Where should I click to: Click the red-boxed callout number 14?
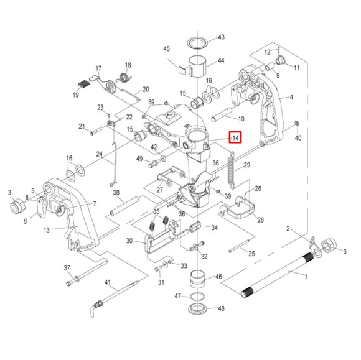[x=235, y=137]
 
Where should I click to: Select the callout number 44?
[x=220, y=62]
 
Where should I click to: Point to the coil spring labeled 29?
[x=232, y=170]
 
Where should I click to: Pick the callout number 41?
[x=107, y=284]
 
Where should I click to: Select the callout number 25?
[x=251, y=254]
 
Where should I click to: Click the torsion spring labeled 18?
[x=123, y=78]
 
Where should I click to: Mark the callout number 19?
[x=75, y=95]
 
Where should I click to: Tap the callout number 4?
[x=290, y=98]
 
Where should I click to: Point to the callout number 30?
[x=130, y=241]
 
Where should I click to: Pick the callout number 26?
[x=260, y=219]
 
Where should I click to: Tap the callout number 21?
[x=82, y=126]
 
